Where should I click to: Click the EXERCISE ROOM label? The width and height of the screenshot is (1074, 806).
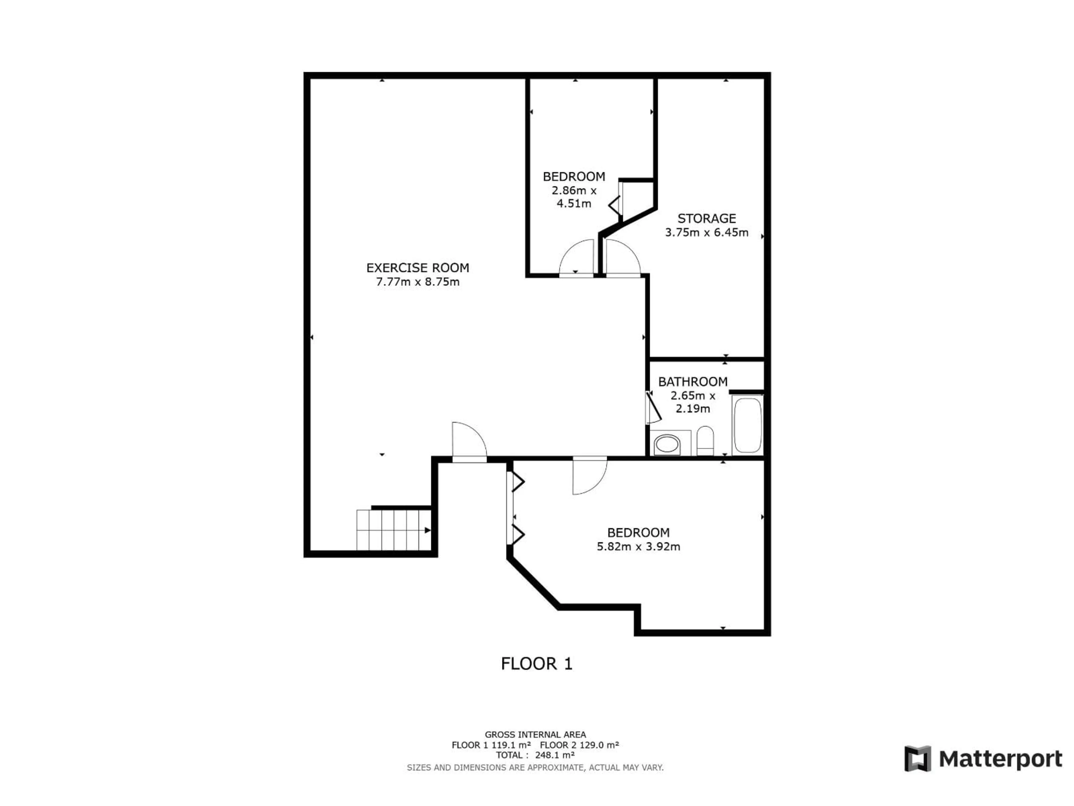click(418, 268)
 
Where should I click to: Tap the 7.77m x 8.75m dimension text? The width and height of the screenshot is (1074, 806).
click(418, 282)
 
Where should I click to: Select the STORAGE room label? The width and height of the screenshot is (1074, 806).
click(706, 219)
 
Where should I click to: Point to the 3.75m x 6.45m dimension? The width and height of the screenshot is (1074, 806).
click(706, 233)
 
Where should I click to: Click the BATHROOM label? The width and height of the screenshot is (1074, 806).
click(693, 382)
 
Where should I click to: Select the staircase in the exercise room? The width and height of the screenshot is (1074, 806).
click(393, 529)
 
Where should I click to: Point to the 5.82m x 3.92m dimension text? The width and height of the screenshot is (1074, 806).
click(638, 547)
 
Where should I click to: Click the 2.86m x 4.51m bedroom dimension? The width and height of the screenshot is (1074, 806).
click(574, 197)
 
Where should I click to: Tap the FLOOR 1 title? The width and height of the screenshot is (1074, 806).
click(536, 664)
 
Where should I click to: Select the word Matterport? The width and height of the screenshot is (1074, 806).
click(1000, 759)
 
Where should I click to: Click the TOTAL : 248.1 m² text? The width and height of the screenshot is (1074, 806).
click(535, 755)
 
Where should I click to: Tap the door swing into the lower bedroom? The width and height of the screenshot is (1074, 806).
click(589, 476)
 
